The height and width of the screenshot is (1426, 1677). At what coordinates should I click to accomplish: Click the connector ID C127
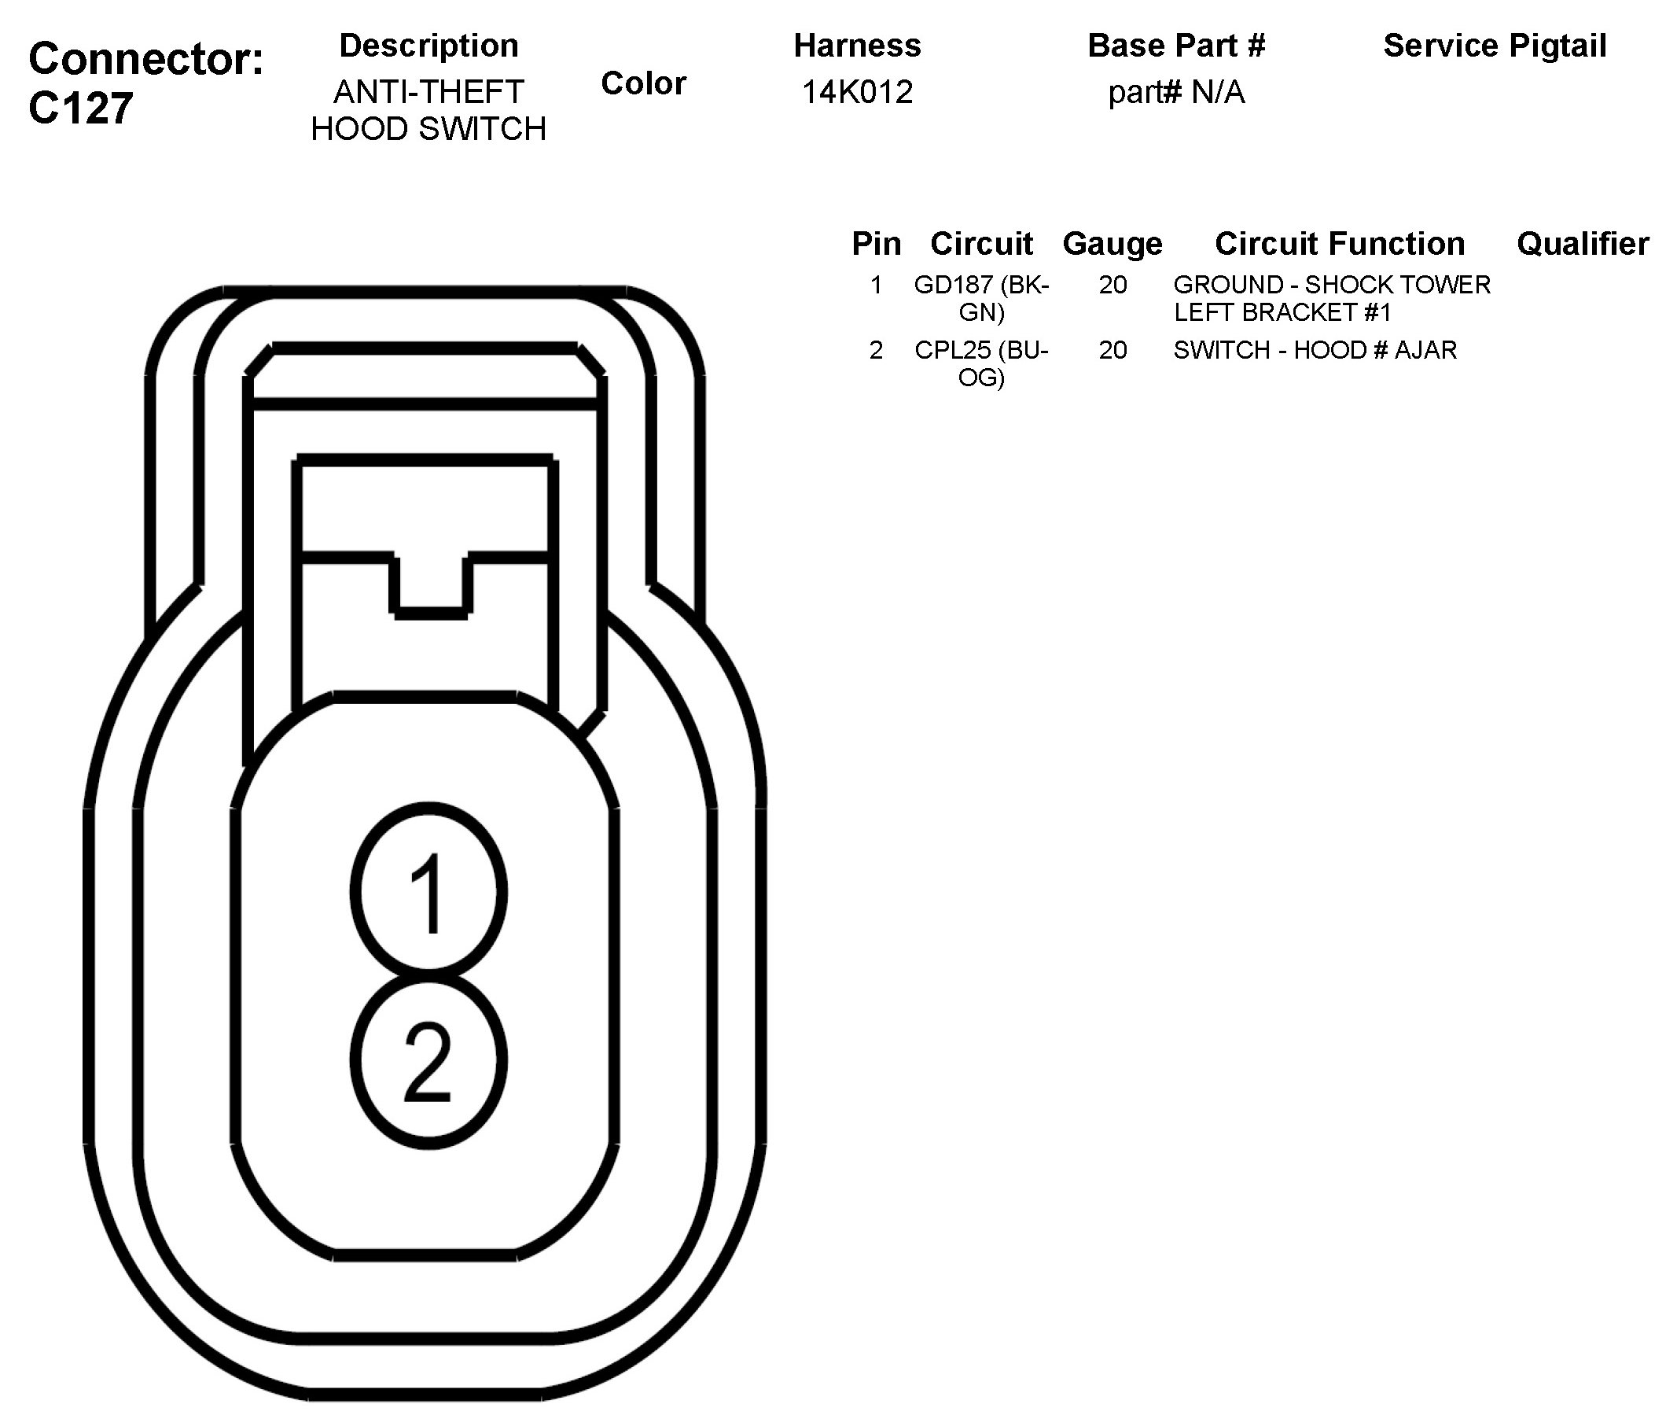pyautogui.click(x=81, y=109)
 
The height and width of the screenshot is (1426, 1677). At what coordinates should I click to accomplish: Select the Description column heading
pyautogui.click(x=428, y=46)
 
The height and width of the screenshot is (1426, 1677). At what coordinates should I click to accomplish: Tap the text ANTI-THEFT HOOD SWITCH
pyautogui.click(x=428, y=110)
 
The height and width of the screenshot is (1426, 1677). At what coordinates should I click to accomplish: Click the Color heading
pyautogui.click(x=643, y=83)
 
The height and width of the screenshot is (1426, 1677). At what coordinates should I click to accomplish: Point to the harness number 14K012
pyautogui.click(x=857, y=92)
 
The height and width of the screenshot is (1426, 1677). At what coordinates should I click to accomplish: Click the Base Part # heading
pyautogui.click(x=1176, y=46)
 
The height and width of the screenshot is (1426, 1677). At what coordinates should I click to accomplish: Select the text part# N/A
pyautogui.click(x=1176, y=93)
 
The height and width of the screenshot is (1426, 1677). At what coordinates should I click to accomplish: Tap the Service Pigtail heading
pyautogui.click(x=1495, y=46)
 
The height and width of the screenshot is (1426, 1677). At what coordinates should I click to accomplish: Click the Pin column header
pyautogui.click(x=876, y=243)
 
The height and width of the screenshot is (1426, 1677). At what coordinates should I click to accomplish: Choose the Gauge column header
pyautogui.click(x=1112, y=243)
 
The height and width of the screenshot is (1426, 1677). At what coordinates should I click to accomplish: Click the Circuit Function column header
pyautogui.click(x=1339, y=243)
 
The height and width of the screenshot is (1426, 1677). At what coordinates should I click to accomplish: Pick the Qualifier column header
pyautogui.click(x=1583, y=243)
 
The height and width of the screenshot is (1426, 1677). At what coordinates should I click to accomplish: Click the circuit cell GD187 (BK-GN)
pyautogui.click(x=981, y=297)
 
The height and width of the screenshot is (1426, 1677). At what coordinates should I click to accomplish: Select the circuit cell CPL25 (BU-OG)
pyautogui.click(x=981, y=363)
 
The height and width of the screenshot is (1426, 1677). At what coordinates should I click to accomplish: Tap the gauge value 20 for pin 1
pyautogui.click(x=1112, y=285)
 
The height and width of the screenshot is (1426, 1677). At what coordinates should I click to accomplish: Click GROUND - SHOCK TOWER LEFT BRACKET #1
pyautogui.click(x=1331, y=297)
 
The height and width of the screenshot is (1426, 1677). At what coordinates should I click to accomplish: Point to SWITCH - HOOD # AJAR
pyautogui.click(x=1315, y=350)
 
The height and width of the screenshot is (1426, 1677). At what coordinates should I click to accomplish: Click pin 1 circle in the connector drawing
pyautogui.click(x=429, y=892)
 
